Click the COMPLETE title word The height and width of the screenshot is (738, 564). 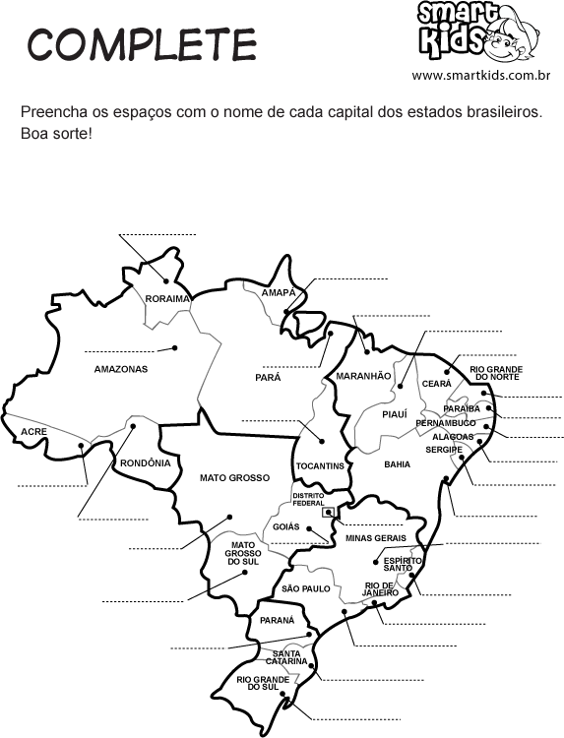(x=142, y=44)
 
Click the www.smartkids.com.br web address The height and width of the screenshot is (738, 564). (x=479, y=75)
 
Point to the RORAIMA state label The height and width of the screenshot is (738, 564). (x=166, y=298)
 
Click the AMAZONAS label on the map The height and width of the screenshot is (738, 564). (x=120, y=369)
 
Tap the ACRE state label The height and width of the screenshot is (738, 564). (x=33, y=431)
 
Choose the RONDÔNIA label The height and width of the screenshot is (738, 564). (x=145, y=461)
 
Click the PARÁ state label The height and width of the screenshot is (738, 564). (x=268, y=377)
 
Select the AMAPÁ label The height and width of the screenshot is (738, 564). (x=279, y=293)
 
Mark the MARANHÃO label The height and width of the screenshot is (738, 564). (x=363, y=376)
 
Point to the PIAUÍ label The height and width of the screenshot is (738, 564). (x=394, y=414)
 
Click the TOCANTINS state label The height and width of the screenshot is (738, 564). (x=319, y=464)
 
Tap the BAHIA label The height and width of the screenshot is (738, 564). (x=398, y=463)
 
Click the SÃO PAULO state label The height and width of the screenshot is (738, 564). (x=305, y=587)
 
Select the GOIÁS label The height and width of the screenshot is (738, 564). (x=285, y=526)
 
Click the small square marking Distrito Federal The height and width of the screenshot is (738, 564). (x=329, y=512)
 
